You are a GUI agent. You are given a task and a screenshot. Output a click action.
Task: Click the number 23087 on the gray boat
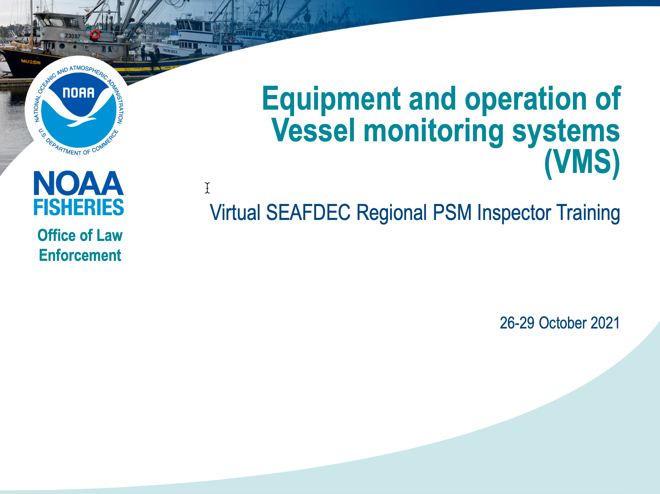[73, 36]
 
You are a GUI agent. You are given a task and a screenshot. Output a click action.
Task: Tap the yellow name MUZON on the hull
[31, 62]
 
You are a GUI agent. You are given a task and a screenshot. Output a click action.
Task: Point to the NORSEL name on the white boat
[170, 51]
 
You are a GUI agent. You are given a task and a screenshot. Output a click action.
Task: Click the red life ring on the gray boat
[95, 35]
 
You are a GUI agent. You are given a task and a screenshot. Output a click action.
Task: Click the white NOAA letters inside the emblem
[79, 93]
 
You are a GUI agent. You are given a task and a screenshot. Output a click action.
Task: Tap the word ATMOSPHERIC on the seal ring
[89, 71]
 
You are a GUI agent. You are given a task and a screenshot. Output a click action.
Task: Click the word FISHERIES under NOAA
[79, 207]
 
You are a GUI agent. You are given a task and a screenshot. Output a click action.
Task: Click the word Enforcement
[80, 255]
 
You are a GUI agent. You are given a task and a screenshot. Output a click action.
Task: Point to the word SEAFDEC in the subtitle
[308, 212]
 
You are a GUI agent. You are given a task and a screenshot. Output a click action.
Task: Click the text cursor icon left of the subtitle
[207, 188]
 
